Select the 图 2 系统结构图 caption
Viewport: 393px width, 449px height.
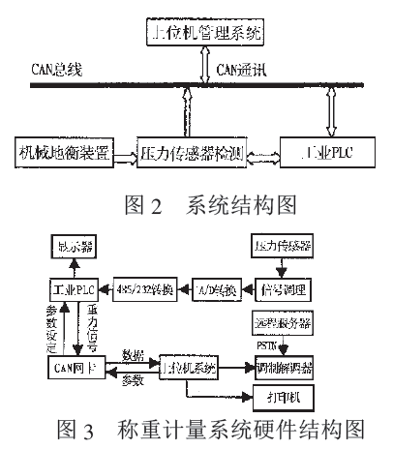[198, 205]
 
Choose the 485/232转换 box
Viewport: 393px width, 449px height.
[143, 288]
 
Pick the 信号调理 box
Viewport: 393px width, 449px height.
[283, 288]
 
